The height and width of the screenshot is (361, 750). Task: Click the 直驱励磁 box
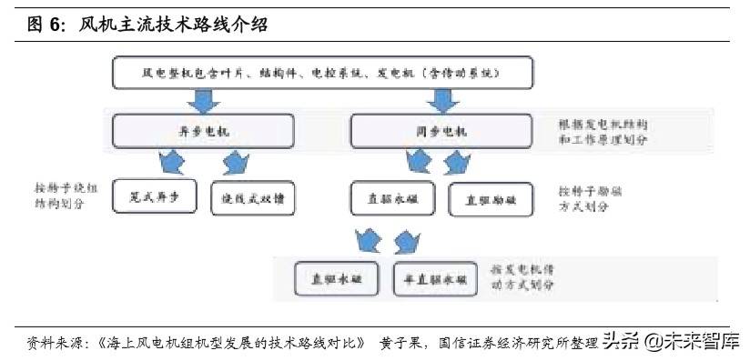pos(492,199)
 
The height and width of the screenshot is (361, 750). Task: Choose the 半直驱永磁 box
pos(436,278)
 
